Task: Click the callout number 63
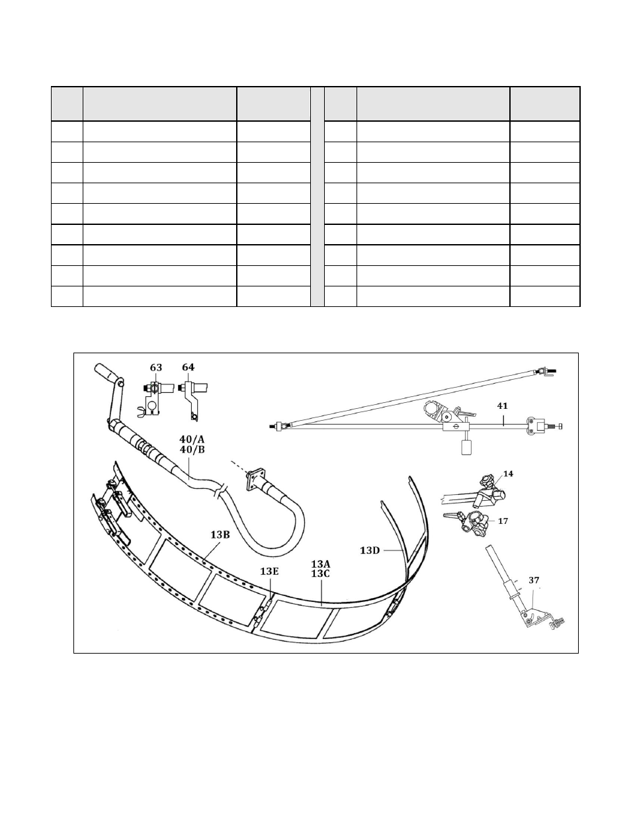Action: pyautogui.click(x=156, y=367)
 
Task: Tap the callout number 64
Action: pyautogui.click(x=189, y=367)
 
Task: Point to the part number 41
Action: pyautogui.click(x=502, y=406)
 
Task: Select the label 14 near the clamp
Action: pyautogui.click(x=508, y=474)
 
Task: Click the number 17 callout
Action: pyautogui.click(x=503, y=521)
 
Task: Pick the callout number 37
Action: pyautogui.click(x=534, y=580)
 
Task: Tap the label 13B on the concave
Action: pyautogui.click(x=220, y=535)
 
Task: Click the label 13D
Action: pyautogui.click(x=370, y=550)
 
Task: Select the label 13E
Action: pyautogui.click(x=269, y=571)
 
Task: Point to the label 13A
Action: pyautogui.click(x=321, y=564)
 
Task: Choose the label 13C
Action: pyautogui.click(x=321, y=574)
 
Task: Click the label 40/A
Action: pyautogui.click(x=192, y=439)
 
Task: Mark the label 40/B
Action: pyautogui.click(x=192, y=450)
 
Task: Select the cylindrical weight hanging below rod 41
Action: pyautogui.click(x=467, y=447)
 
